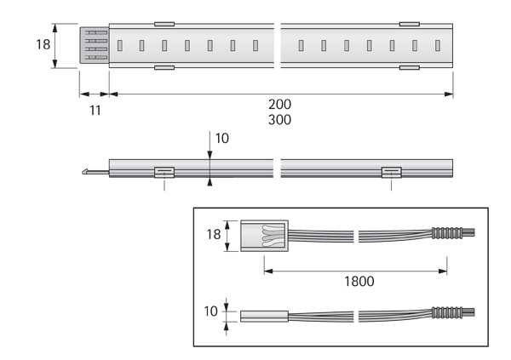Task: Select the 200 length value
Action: click(x=279, y=105)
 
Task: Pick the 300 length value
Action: click(x=279, y=120)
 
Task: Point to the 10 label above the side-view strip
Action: click(x=221, y=138)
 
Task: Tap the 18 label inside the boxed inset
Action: click(x=214, y=234)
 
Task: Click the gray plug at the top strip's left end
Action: click(x=94, y=44)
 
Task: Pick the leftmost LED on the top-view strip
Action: click(x=120, y=44)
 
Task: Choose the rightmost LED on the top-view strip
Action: click(x=437, y=44)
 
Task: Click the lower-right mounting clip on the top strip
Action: click(x=409, y=66)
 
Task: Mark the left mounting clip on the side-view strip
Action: click(x=164, y=172)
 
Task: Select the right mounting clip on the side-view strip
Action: click(x=391, y=172)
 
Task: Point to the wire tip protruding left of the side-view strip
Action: click(x=89, y=172)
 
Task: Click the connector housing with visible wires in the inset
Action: click(x=265, y=236)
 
